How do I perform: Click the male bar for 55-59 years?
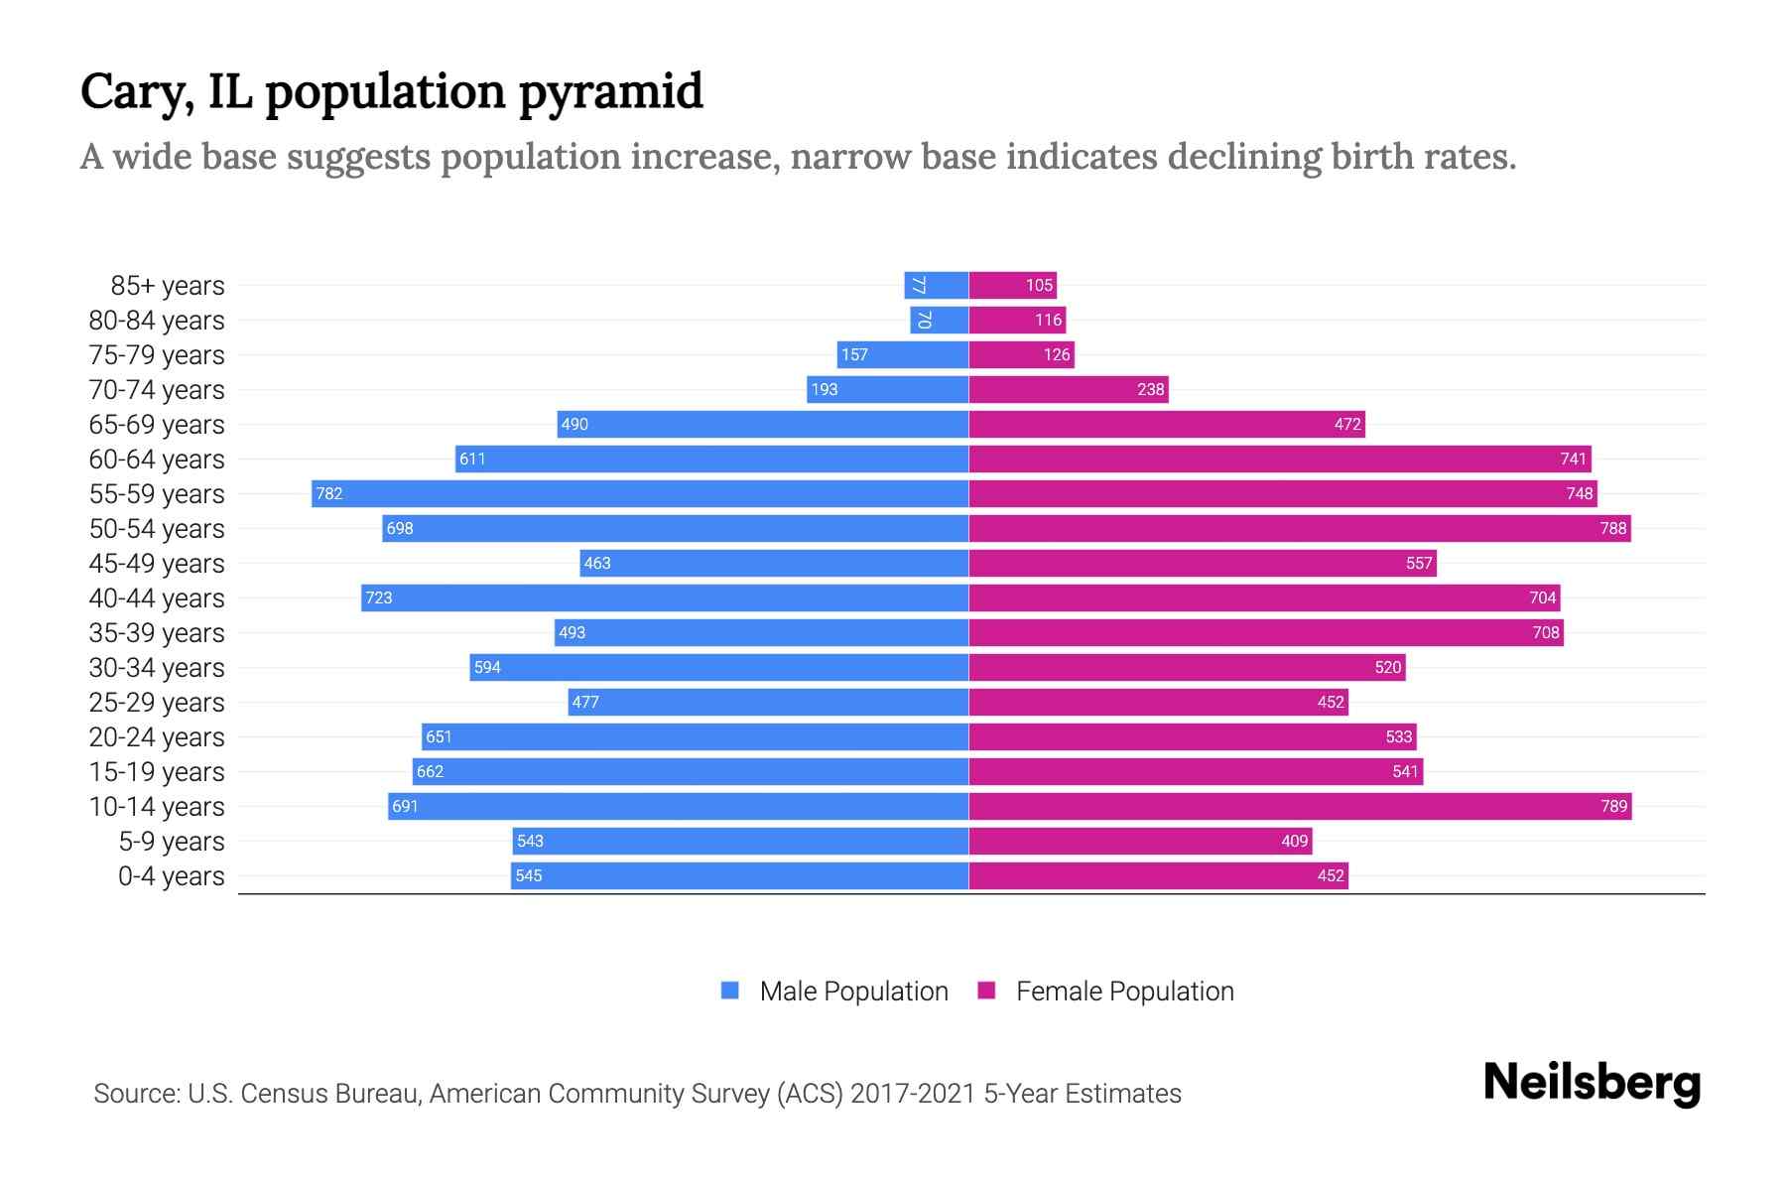coord(640,493)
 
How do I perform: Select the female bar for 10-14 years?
coord(1300,806)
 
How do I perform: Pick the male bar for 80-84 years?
coord(939,320)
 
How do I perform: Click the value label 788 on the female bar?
coord(1613,528)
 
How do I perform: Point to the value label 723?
coord(379,597)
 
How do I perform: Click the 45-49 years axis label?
coord(157,563)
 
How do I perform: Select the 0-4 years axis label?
coord(171,875)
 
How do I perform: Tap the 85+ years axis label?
coord(168,285)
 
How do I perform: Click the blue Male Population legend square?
coord(730,991)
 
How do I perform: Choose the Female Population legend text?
coord(1124,991)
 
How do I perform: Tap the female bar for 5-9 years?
coord(1141,841)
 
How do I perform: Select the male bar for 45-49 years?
coord(774,563)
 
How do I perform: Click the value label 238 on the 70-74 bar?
coord(1150,389)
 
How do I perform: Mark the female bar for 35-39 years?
coord(1266,632)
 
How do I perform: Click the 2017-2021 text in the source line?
coord(912,1093)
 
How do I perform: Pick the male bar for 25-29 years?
coord(768,702)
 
